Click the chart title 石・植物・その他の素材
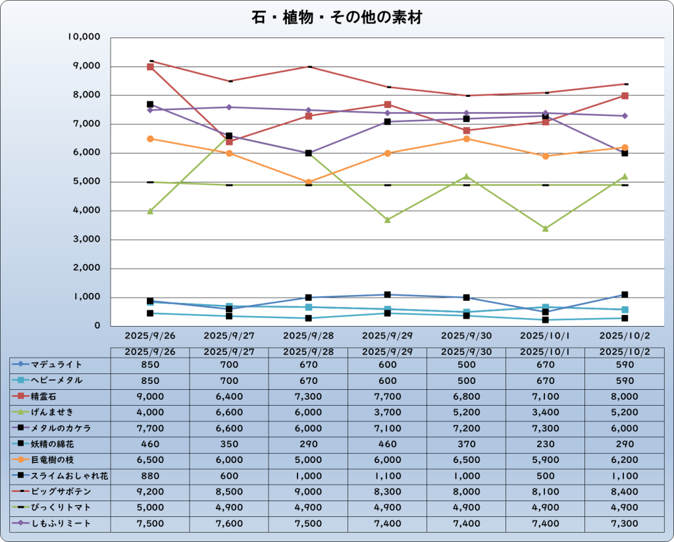[336, 17]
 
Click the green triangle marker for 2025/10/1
[546, 229]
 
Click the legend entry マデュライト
[56, 364]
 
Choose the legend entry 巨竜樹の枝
[56, 460]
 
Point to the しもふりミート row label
[61, 524]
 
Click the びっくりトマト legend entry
[61, 508]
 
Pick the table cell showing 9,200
[150, 492]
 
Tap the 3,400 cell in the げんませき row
[546, 412]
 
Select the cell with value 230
[546, 444]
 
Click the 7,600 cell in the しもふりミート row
[229, 524]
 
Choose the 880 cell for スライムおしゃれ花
[150, 476]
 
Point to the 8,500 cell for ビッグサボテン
[229, 492]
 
